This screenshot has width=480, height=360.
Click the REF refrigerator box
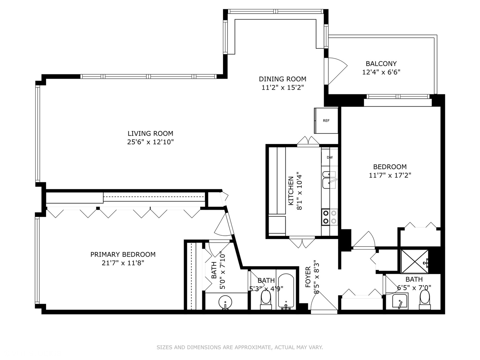(x=326, y=120)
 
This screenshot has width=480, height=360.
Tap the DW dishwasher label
(x=329, y=157)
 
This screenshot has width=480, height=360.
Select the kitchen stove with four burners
(x=329, y=217)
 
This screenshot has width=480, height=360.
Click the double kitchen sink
(x=329, y=180)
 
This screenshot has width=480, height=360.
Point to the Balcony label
(x=381, y=64)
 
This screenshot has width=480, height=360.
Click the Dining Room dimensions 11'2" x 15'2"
(x=282, y=88)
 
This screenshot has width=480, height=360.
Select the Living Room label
(x=150, y=133)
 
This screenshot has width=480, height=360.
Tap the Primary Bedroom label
(x=123, y=254)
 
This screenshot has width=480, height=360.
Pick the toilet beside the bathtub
(x=266, y=298)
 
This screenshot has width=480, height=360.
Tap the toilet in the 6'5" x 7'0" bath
(x=425, y=298)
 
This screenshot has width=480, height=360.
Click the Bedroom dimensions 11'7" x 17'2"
(x=390, y=175)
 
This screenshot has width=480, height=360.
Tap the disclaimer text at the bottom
(x=240, y=347)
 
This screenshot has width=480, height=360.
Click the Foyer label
(x=308, y=277)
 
